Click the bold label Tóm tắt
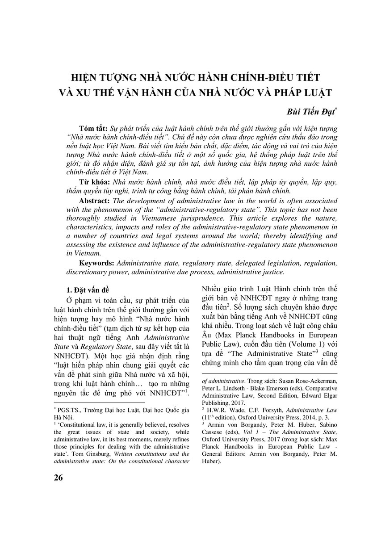pyautogui.click(x=90, y=127)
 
